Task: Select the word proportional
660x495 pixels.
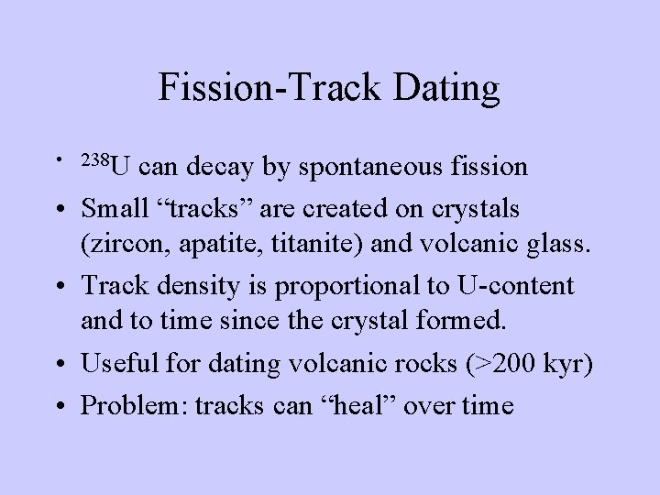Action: [x=341, y=287]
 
